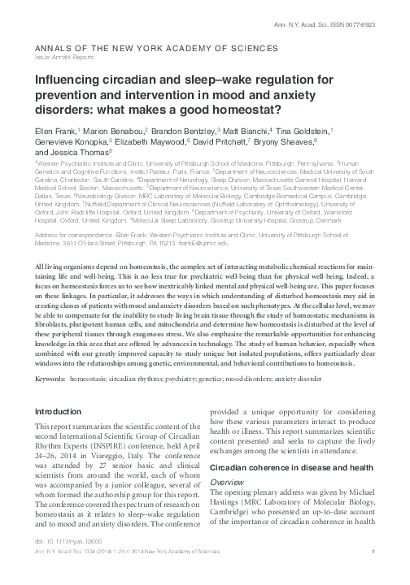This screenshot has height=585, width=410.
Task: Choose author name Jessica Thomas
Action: click(x=74, y=150)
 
